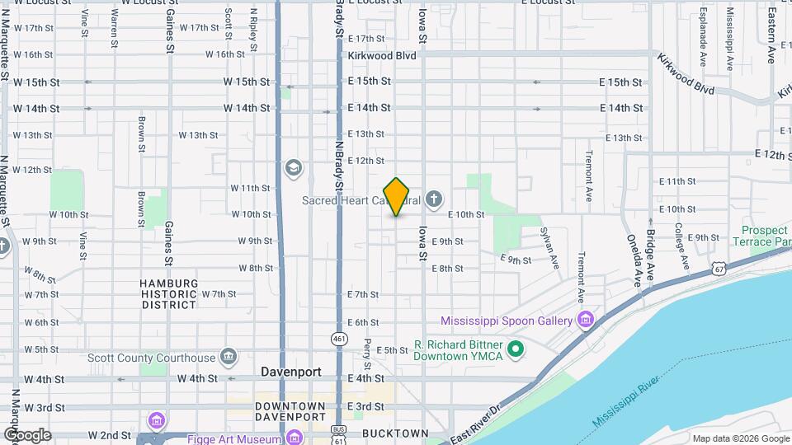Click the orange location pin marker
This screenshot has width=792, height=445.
pyautogui.click(x=397, y=197)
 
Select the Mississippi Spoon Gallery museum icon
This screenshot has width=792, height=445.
pyautogui.click(x=586, y=320)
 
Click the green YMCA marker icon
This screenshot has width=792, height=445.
pyautogui.click(x=516, y=350)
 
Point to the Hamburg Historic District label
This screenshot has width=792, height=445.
pyautogui.click(x=169, y=293)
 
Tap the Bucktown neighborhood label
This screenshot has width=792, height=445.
pyautogui.click(x=395, y=433)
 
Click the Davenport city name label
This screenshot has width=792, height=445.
pyautogui.click(x=290, y=372)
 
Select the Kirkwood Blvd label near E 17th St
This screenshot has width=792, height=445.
pyautogui.click(x=380, y=54)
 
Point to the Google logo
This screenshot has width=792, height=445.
pyautogui.click(x=27, y=434)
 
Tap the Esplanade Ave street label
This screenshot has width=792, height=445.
pyautogui.click(x=702, y=37)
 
